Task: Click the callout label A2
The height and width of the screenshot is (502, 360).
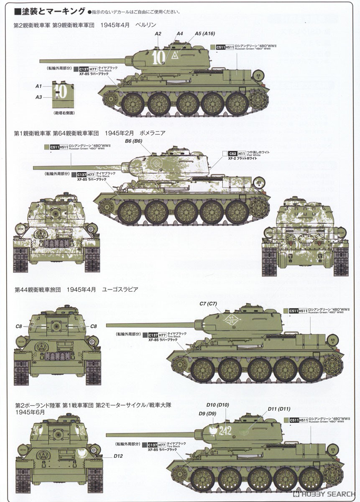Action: click(158, 33)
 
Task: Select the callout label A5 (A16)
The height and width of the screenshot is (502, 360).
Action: click(205, 33)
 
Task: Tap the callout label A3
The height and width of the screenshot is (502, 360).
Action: click(38, 97)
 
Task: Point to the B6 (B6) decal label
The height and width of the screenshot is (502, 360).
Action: click(133, 141)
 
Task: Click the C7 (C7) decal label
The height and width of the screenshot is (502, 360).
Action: click(208, 303)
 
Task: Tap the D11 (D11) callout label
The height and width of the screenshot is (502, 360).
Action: click(278, 409)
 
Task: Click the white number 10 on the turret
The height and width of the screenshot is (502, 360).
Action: click(158, 58)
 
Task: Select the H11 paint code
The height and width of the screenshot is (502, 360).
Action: click(242, 154)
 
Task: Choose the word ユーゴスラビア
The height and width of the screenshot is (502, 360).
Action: click(117, 289)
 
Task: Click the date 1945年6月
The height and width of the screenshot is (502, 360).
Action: click(30, 412)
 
